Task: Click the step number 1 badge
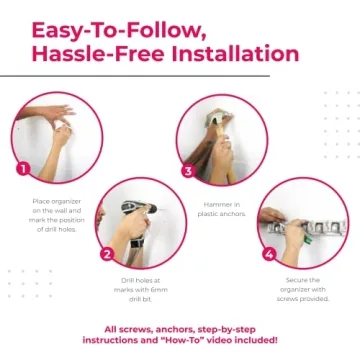click(22, 168)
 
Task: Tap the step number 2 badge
click(106, 254)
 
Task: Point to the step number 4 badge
click(269, 254)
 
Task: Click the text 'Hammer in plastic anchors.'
click(218, 207)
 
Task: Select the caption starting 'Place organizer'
click(55, 211)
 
